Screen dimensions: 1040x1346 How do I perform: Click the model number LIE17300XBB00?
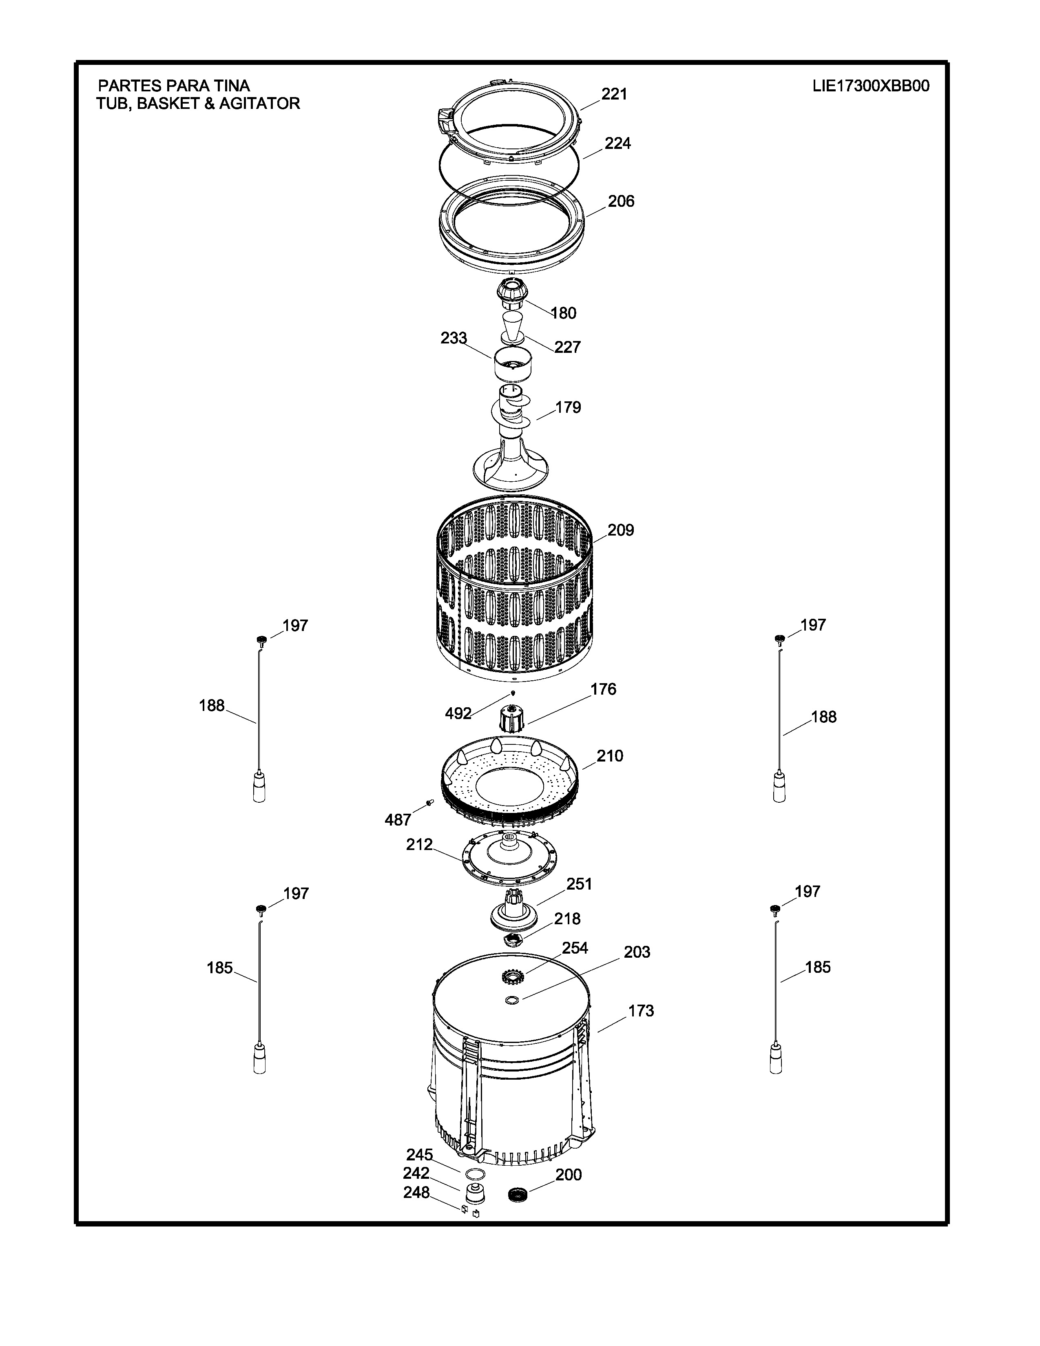[871, 86]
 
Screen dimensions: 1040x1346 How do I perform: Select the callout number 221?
[614, 94]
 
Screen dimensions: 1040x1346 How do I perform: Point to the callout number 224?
[617, 143]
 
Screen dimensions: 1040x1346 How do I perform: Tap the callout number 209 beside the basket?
[620, 530]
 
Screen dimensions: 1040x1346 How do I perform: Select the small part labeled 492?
[513, 693]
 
